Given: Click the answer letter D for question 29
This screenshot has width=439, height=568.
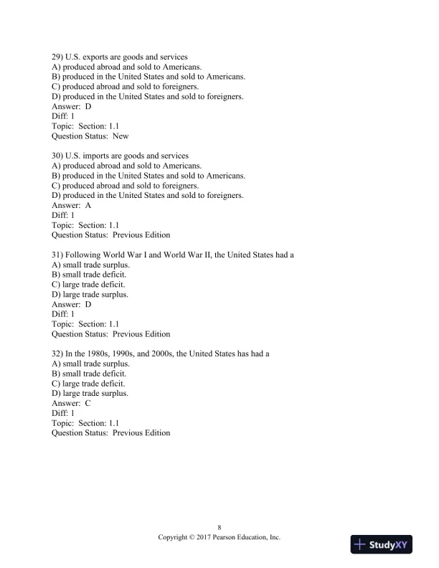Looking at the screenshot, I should [x=88, y=106].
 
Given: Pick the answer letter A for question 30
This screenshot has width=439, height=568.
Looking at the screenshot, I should [x=88, y=205].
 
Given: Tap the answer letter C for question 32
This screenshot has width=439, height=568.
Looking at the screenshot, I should [x=88, y=403].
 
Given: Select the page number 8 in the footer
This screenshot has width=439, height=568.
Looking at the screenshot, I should [x=219, y=526].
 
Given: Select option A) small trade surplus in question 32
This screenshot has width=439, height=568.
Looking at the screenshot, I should [x=90, y=364].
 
